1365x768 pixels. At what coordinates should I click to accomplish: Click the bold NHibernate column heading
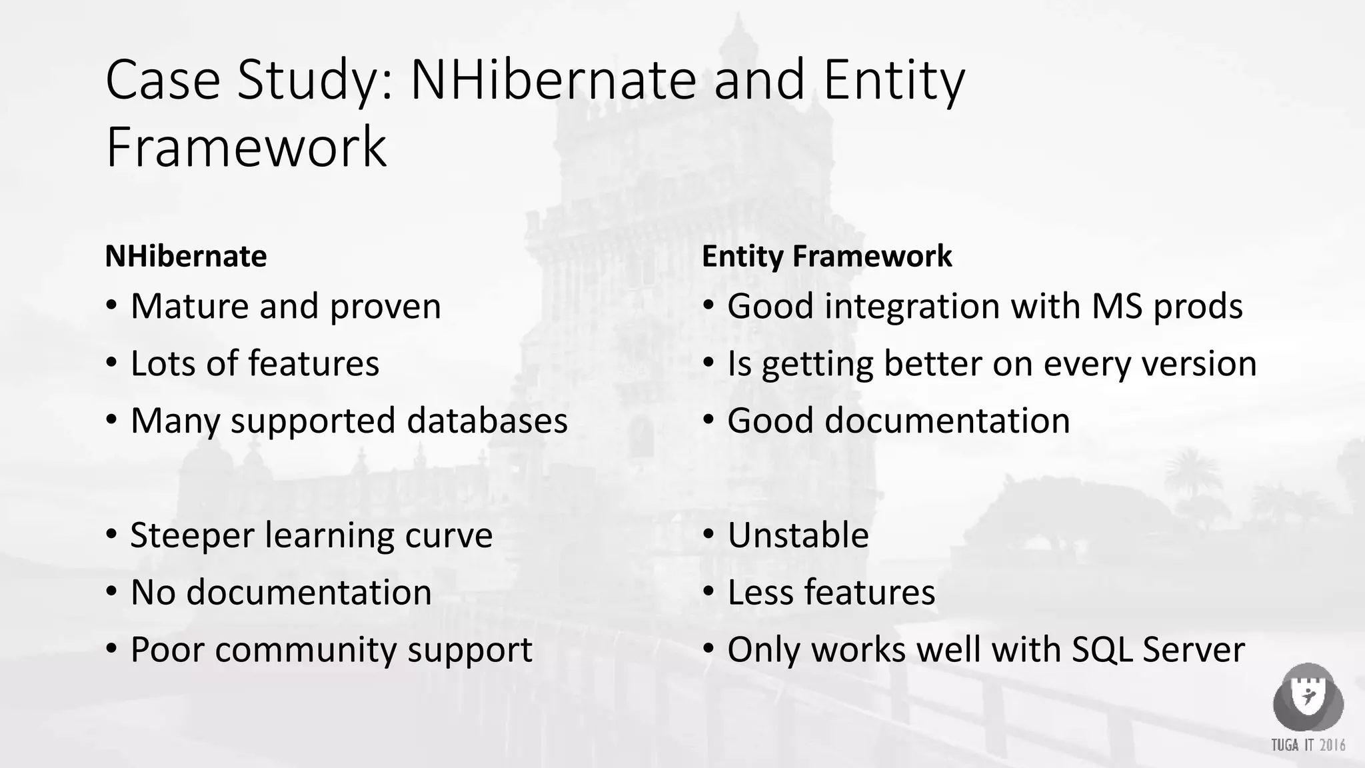186,256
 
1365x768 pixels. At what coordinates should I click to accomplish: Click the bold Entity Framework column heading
826,256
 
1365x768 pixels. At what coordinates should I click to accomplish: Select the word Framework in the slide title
246,147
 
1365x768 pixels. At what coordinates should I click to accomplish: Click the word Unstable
798,535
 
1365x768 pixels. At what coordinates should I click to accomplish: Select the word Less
760,592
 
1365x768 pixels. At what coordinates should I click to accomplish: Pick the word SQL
1102,650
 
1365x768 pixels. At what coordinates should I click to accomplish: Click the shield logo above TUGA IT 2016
1308,697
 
